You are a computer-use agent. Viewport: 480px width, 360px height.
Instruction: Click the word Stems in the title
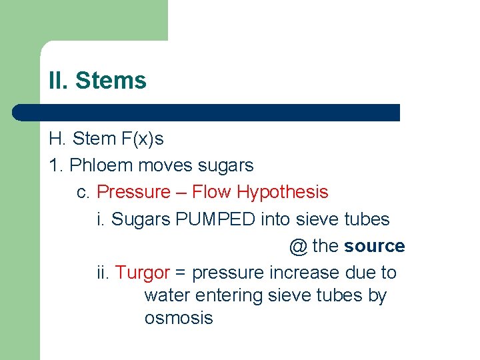click(111, 81)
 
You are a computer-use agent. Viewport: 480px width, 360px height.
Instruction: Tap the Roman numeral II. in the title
click(59, 81)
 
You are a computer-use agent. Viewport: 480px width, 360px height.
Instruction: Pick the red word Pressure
click(133, 192)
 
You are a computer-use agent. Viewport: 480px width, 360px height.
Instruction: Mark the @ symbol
click(298, 246)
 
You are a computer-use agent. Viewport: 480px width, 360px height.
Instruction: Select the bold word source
click(374, 246)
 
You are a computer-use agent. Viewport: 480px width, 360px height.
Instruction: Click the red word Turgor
click(142, 273)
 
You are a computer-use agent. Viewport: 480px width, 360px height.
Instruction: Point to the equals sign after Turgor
click(181, 273)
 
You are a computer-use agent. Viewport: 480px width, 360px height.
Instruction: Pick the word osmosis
click(178, 318)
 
